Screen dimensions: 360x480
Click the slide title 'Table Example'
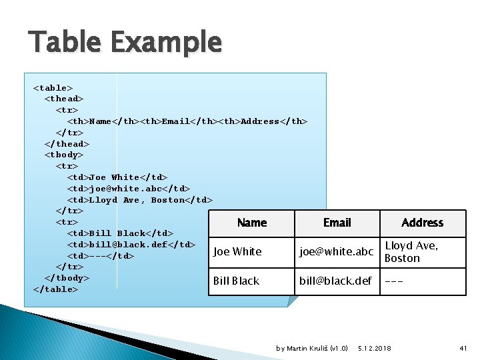(125, 43)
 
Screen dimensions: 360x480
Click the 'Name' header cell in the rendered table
(251, 223)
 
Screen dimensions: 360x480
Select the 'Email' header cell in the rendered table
(337, 223)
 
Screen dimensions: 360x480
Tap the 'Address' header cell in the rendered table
(422, 223)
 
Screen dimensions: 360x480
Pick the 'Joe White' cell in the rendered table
(237, 252)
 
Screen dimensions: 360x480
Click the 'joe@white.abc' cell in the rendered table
(336, 252)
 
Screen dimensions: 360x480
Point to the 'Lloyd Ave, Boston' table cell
(411, 252)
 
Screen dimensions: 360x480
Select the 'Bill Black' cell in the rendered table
(236, 281)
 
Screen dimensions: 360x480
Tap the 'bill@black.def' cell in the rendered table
(335, 281)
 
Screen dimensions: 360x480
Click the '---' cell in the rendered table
(393, 281)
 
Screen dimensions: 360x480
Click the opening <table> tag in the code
(53, 88)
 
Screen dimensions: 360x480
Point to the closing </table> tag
(56, 289)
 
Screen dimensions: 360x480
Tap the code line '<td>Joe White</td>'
(117, 177)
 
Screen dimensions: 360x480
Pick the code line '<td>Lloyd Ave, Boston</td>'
(140, 200)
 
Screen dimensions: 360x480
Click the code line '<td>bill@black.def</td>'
(131, 245)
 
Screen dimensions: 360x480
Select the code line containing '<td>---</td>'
(101, 256)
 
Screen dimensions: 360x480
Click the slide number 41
(464, 349)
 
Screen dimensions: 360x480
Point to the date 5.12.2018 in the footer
(375, 349)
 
